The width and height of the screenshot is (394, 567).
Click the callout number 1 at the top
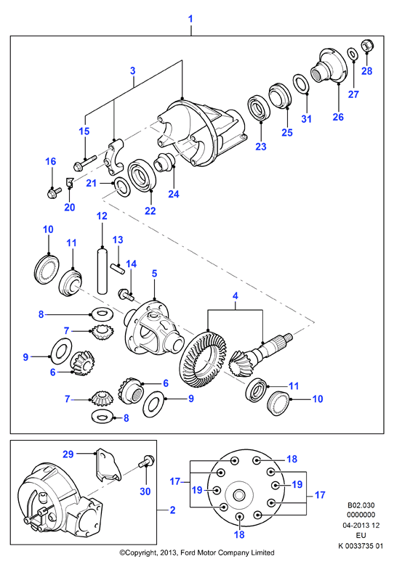[191, 19]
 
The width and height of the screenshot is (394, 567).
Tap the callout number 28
[367, 71]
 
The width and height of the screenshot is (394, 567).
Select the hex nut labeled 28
[368, 46]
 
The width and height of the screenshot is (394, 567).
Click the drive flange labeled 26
[329, 68]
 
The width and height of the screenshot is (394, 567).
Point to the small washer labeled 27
[352, 54]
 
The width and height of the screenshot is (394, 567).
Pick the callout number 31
[306, 118]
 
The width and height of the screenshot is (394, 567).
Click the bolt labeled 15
[84, 163]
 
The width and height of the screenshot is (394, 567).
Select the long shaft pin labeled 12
[102, 270]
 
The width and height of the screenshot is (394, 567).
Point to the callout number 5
[155, 274]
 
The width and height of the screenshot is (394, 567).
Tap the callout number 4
[236, 295]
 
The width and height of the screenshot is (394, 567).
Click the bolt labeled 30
[146, 461]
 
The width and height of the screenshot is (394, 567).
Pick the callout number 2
[172, 510]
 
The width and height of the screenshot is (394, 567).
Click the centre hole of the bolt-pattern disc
[238, 495]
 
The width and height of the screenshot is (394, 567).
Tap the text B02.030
[361, 505]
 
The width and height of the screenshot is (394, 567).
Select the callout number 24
[174, 194]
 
